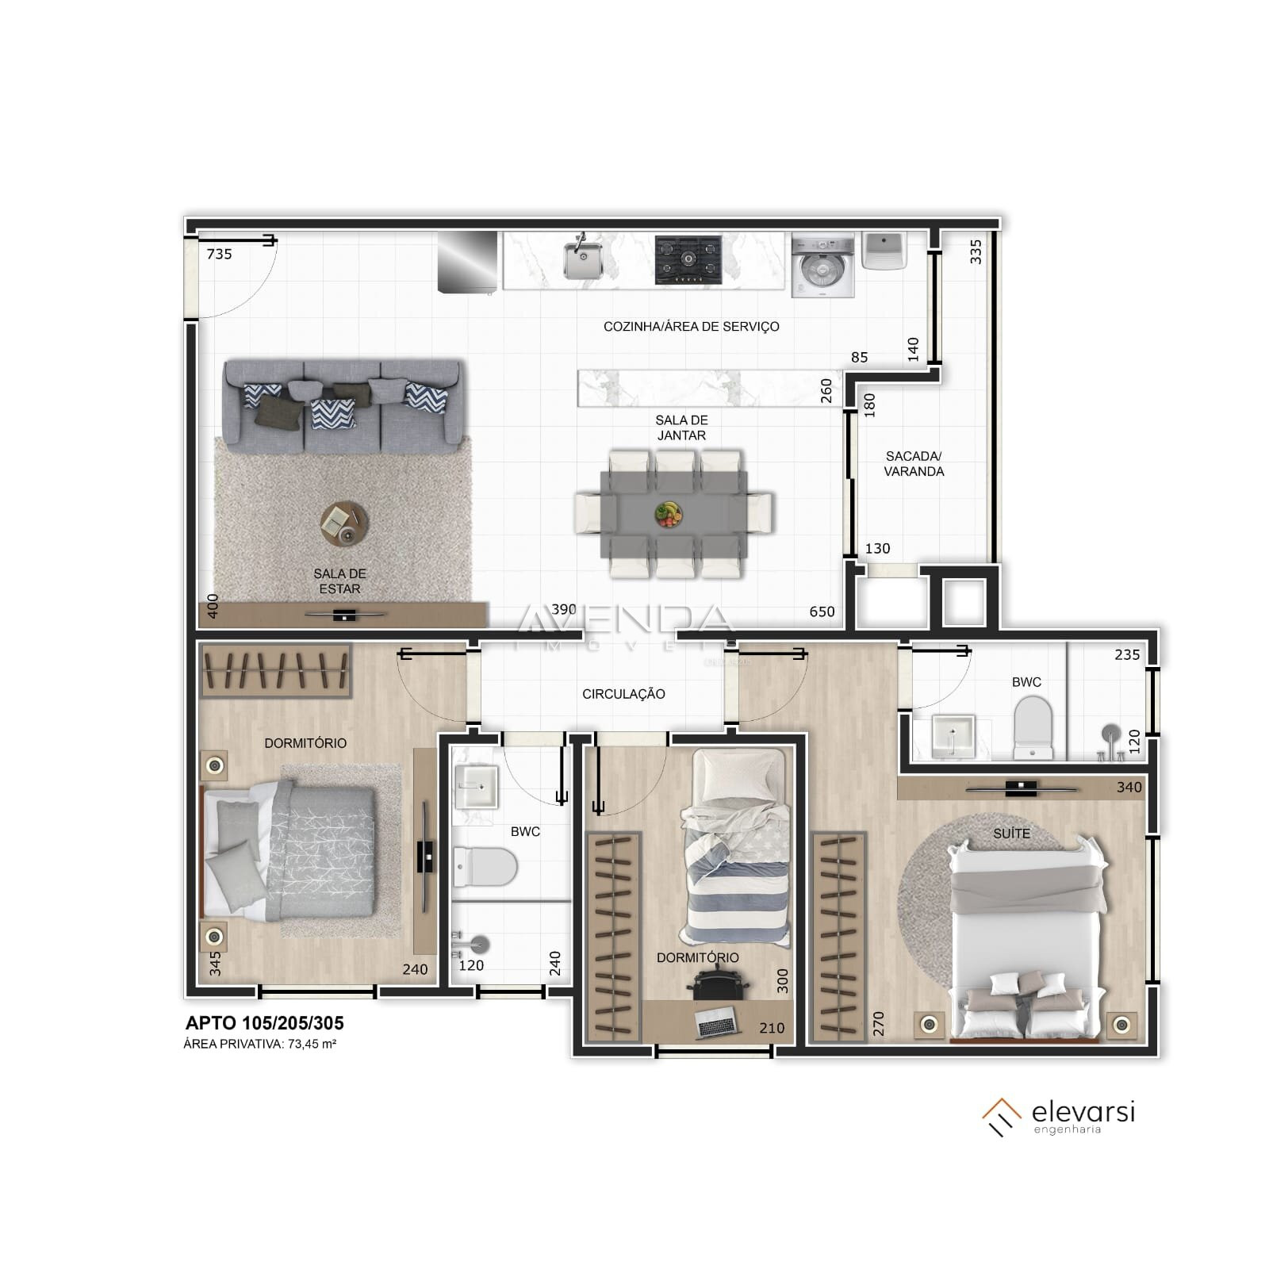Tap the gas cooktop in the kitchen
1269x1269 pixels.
688,259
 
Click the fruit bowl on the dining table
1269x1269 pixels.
669,513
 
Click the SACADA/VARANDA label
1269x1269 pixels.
914,464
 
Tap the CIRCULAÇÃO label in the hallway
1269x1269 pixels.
623,694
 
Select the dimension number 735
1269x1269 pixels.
219,254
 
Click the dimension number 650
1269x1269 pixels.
822,611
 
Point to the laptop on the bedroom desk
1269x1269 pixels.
717,1023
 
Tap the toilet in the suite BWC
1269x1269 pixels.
1032,726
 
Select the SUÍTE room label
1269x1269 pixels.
1011,834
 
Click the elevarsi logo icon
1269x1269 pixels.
1001,1117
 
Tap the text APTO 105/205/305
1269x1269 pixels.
264,1023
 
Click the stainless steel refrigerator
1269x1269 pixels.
468,261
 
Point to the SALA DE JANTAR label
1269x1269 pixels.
681,427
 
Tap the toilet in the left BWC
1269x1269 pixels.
485,866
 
